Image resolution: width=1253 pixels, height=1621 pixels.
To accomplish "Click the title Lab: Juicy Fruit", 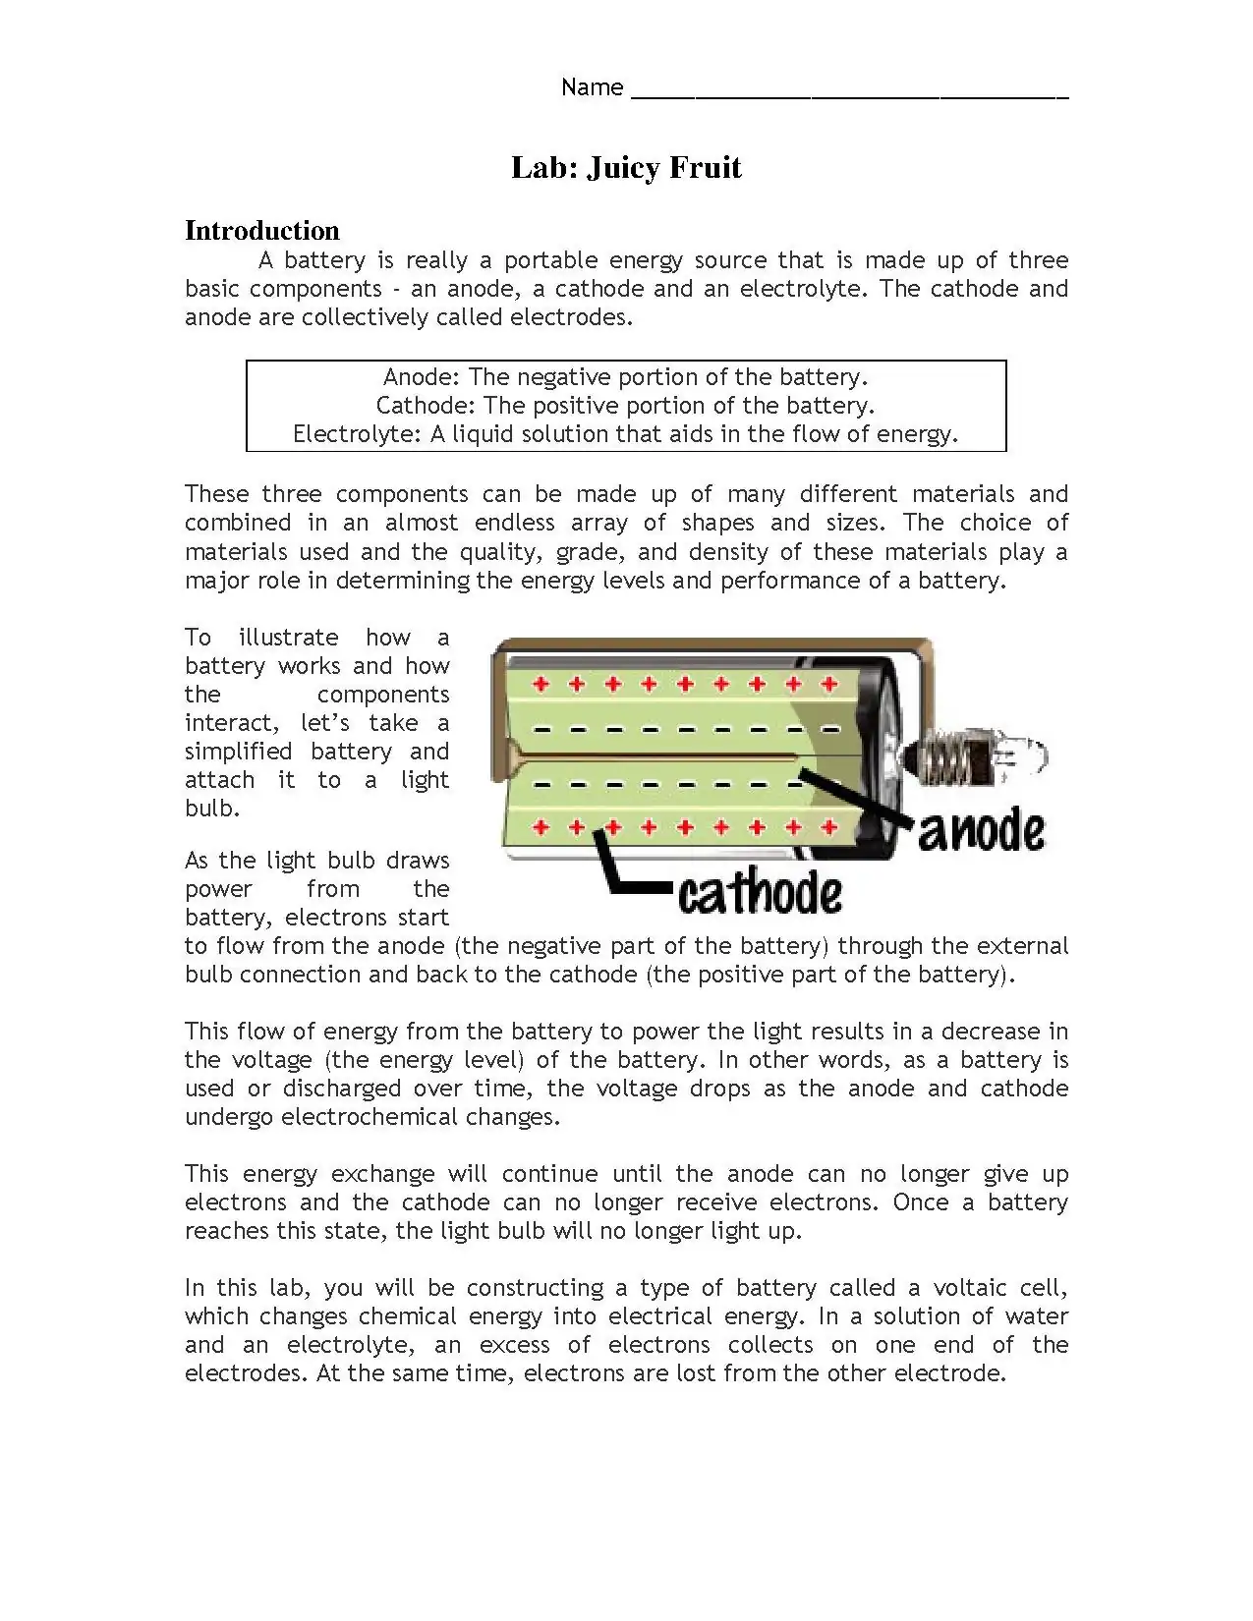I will click(626, 168).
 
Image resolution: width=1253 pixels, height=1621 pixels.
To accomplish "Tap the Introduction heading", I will click(262, 231).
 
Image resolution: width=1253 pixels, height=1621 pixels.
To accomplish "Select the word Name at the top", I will click(592, 87).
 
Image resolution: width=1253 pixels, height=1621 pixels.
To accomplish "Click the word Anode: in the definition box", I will click(422, 377).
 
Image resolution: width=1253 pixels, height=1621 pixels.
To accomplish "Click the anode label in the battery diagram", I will click(981, 830).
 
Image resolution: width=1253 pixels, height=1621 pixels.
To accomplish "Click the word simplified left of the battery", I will click(239, 752).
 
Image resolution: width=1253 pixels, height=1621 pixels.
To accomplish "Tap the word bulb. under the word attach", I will click(212, 809).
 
